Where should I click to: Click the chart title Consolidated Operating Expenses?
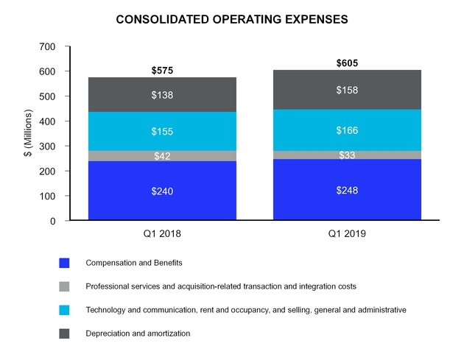232,20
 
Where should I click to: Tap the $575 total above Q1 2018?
162,71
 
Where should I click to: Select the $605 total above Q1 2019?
347,63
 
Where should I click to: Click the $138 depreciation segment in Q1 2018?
162,95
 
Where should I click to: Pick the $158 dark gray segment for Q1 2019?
347,90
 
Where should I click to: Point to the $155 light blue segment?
162,131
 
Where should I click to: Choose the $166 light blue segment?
347,130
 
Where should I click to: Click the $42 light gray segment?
162,155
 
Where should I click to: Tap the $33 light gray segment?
347,155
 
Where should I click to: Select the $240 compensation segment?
162,191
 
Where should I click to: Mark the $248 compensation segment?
347,190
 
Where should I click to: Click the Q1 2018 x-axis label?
162,233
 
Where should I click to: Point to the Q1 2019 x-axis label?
347,233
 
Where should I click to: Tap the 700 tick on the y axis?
46,46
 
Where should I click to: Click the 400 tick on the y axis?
46,121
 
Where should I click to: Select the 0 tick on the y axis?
52,221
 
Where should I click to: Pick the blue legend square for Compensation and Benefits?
64,263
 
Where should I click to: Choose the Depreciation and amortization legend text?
138,333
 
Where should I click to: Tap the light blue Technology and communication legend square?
64,310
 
